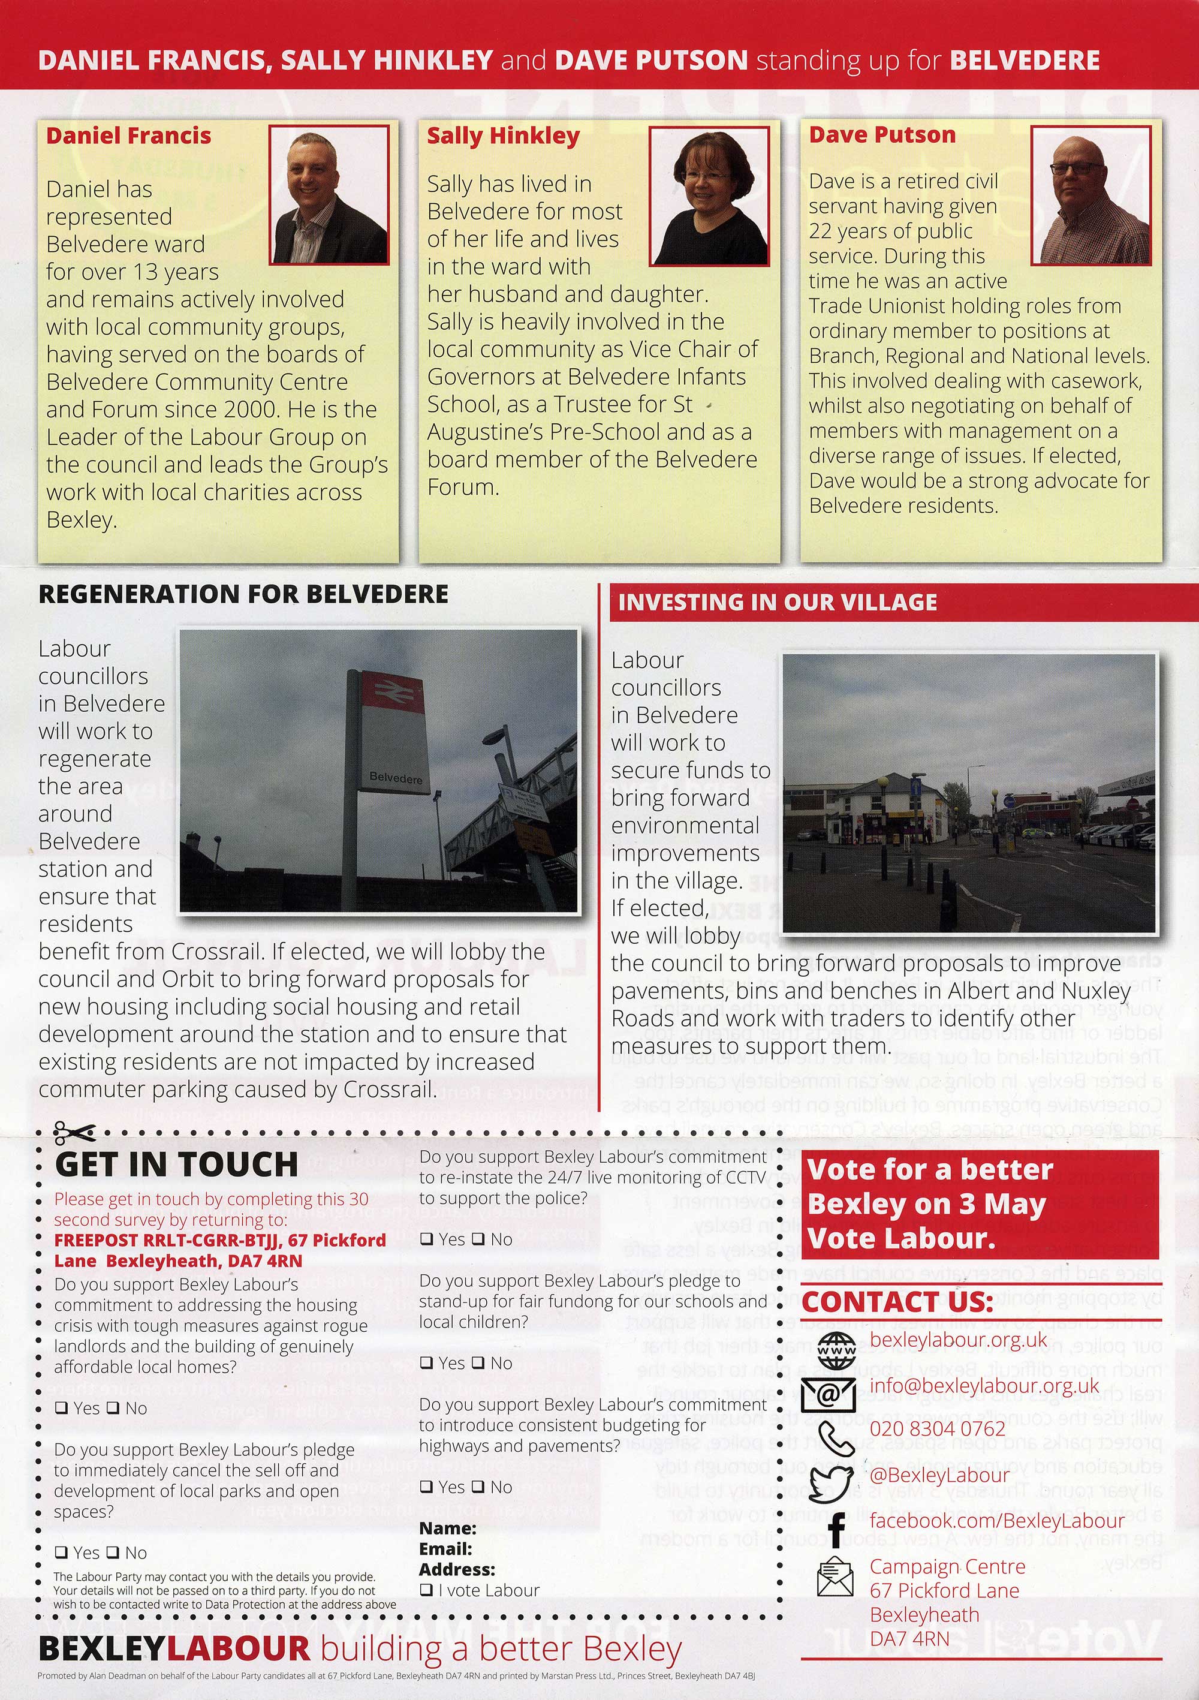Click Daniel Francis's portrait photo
pyautogui.click(x=329, y=195)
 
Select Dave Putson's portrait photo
pyautogui.click(x=1091, y=195)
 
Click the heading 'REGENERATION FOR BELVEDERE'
pyautogui.click(x=243, y=594)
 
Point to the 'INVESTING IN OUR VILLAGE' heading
pyautogui.click(x=777, y=603)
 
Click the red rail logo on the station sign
pyautogui.click(x=391, y=694)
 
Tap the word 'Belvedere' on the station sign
pyautogui.click(x=396, y=778)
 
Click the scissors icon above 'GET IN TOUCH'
pyautogui.click(x=74, y=1133)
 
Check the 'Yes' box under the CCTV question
pyautogui.click(x=426, y=1239)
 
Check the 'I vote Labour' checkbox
pyautogui.click(x=426, y=1590)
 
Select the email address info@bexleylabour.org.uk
pyautogui.click(x=975, y=1386)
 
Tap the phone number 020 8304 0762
pyautogui.click(x=937, y=1429)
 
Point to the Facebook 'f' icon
pyautogui.click(x=836, y=1527)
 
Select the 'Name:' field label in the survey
pyautogui.click(x=447, y=1529)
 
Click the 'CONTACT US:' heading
pyautogui.click(x=897, y=1302)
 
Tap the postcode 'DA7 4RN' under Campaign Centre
pyautogui.click(x=909, y=1639)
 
